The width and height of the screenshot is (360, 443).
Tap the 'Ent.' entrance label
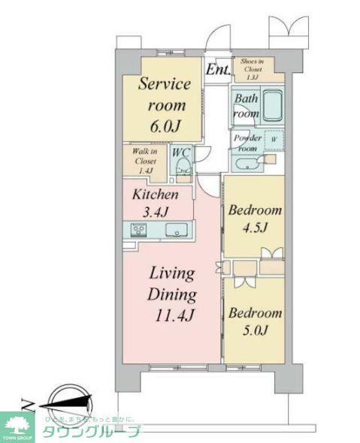(x=217, y=71)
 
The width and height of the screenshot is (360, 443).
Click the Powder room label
(x=247, y=143)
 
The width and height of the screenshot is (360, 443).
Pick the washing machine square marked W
(x=273, y=140)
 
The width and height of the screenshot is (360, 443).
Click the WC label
(x=181, y=152)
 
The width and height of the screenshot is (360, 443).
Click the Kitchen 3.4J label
(x=156, y=202)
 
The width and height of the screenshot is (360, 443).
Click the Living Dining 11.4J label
(x=171, y=294)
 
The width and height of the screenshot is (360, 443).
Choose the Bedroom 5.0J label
(x=255, y=321)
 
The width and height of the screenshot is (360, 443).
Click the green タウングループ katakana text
(x=90, y=432)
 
